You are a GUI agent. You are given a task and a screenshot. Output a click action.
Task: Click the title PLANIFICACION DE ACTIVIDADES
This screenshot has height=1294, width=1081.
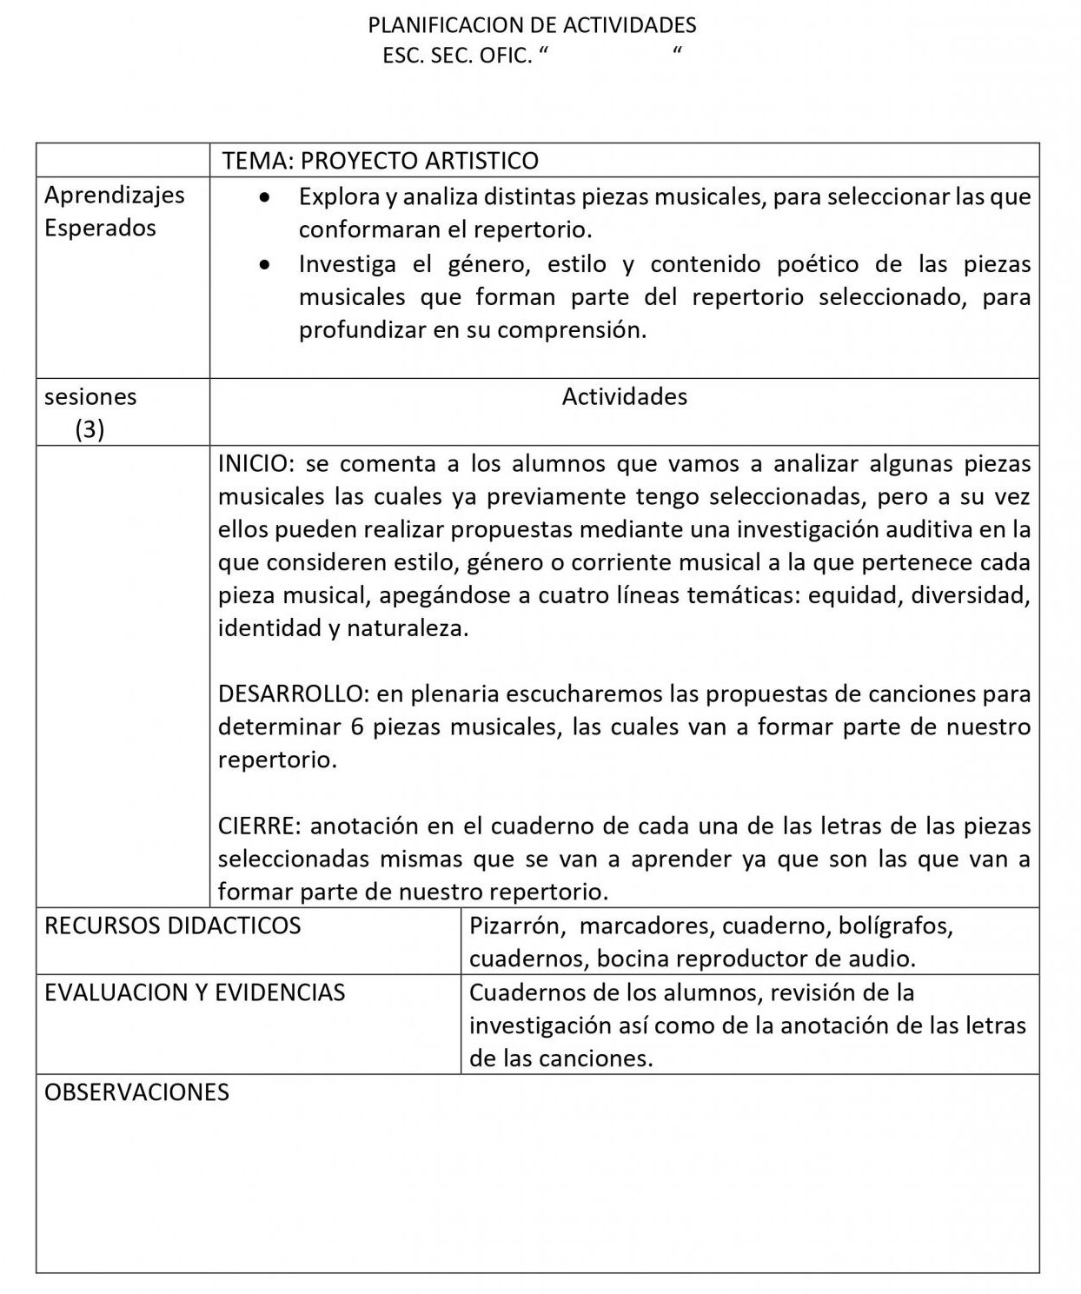[x=532, y=25]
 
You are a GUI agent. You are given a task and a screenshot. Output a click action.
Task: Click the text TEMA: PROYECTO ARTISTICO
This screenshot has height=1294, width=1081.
[x=380, y=161]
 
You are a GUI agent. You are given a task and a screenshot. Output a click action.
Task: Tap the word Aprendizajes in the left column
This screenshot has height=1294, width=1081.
[x=115, y=195]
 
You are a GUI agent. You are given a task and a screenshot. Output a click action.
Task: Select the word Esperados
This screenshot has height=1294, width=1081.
[x=100, y=228]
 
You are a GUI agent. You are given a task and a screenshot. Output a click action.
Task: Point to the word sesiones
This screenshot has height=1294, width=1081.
[x=90, y=397]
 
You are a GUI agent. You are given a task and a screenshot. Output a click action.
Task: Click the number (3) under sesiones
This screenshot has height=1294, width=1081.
[x=90, y=429]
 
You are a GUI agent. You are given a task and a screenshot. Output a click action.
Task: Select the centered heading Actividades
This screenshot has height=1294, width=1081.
[x=624, y=397]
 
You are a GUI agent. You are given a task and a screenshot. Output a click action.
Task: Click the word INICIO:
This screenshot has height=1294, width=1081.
[x=253, y=463]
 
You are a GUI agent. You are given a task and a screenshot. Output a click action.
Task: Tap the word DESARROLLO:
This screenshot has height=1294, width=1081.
[x=294, y=694]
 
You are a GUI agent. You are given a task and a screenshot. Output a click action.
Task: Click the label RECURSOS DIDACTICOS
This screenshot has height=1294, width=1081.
[x=172, y=926]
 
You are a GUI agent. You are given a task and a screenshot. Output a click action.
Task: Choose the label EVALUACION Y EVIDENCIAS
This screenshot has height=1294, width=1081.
[x=195, y=992]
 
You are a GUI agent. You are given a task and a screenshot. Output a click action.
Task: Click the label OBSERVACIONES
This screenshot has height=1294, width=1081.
[x=136, y=1092]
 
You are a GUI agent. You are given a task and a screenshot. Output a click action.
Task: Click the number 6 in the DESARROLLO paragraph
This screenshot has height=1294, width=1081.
[x=357, y=727]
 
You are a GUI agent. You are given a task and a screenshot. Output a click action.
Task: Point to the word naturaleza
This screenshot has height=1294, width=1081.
[x=408, y=628]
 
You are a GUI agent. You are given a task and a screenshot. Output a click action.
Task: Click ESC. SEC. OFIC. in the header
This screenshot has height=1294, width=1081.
[x=456, y=56]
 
